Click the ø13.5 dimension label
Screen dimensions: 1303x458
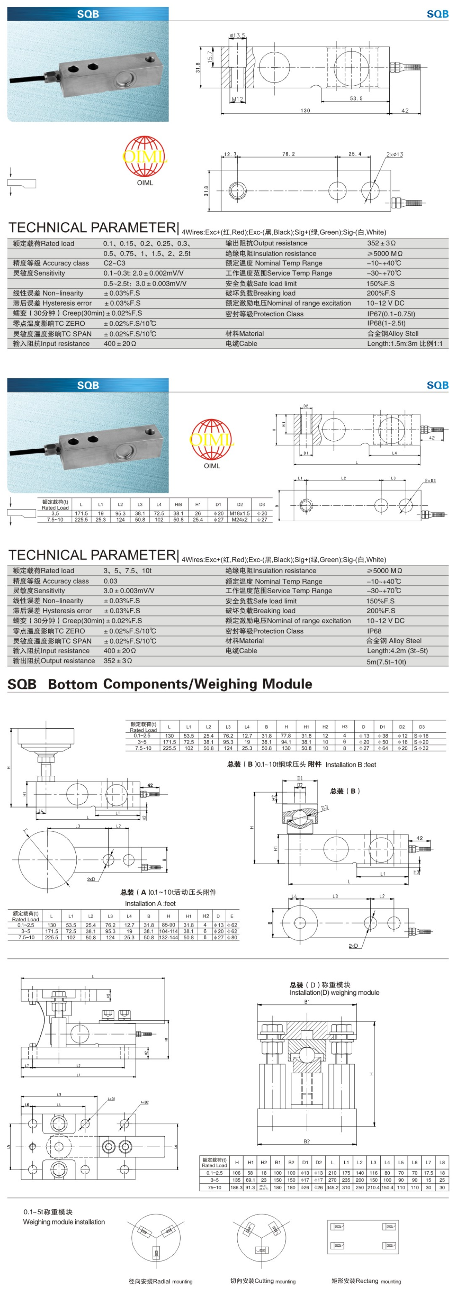point(237,35)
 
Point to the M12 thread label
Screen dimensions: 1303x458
point(237,100)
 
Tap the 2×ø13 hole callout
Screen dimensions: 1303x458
point(395,154)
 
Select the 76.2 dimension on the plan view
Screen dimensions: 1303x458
point(288,154)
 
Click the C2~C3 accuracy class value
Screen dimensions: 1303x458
point(114,263)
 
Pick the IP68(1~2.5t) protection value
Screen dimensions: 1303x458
point(386,323)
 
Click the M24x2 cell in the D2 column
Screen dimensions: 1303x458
point(239,519)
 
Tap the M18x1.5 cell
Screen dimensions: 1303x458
point(239,513)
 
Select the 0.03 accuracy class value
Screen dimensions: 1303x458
point(111,581)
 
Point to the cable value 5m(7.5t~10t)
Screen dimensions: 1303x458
point(386,662)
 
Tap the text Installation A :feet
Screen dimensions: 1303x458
point(150,903)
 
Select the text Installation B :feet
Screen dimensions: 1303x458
point(351,764)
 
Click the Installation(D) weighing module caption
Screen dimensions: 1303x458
point(334,992)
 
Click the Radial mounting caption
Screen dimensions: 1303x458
point(160,1281)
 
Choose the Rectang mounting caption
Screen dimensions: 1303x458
point(366,1281)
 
